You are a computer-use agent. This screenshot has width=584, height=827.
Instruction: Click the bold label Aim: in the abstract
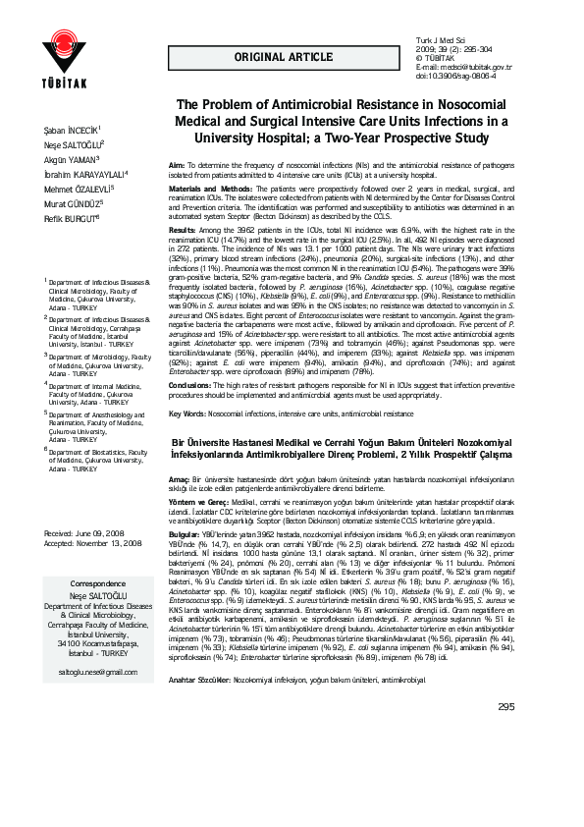[x=178, y=166]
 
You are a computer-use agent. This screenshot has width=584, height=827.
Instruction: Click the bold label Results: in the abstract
[x=186, y=227]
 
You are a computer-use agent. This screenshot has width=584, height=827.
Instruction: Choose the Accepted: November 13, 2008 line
[x=93, y=542]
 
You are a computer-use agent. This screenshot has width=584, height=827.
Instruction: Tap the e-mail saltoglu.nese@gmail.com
[x=98, y=671]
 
